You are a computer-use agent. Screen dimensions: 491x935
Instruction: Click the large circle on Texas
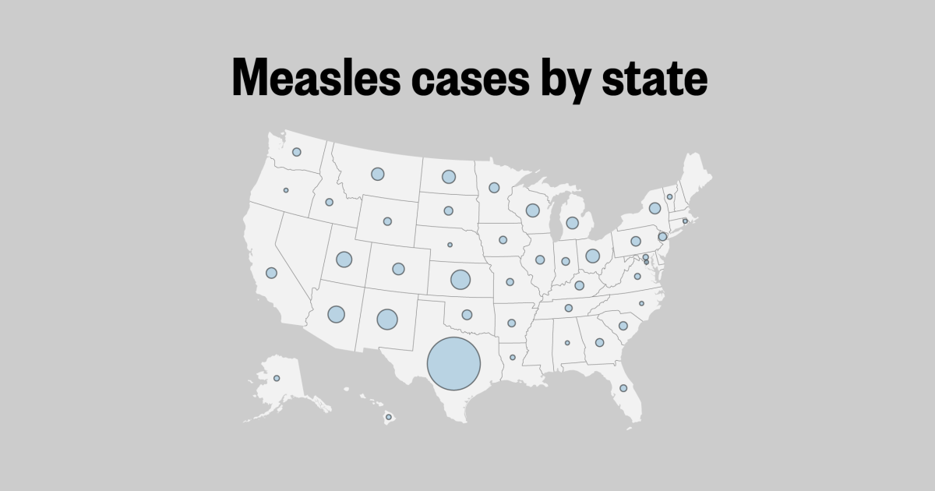pos(454,364)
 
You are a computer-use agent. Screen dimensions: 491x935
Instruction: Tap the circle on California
pos(271,273)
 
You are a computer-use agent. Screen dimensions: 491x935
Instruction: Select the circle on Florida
pos(623,388)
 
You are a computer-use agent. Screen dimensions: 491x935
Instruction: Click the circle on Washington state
pos(296,152)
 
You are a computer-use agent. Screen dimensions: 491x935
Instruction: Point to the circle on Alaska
pos(277,378)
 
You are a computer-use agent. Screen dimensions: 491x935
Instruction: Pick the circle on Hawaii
pos(388,418)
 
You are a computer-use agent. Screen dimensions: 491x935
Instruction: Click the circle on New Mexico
pos(387,319)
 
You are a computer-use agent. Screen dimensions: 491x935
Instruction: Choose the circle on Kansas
pos(460,279)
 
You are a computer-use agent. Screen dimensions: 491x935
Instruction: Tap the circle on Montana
pos(378,174)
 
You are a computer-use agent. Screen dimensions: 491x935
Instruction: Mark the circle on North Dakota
pos(449,177)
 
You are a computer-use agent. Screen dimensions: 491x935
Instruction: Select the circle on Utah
pos(344,260)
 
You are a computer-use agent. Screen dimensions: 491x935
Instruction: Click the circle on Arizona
pos(336,314)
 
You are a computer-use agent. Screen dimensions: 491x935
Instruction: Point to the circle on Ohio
pos(592,256)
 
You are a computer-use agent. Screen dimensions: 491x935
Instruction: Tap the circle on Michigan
pos(572,223)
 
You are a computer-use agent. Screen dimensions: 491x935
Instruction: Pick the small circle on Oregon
pos(286,190)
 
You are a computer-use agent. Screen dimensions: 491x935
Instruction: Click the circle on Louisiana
pos(513,357)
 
